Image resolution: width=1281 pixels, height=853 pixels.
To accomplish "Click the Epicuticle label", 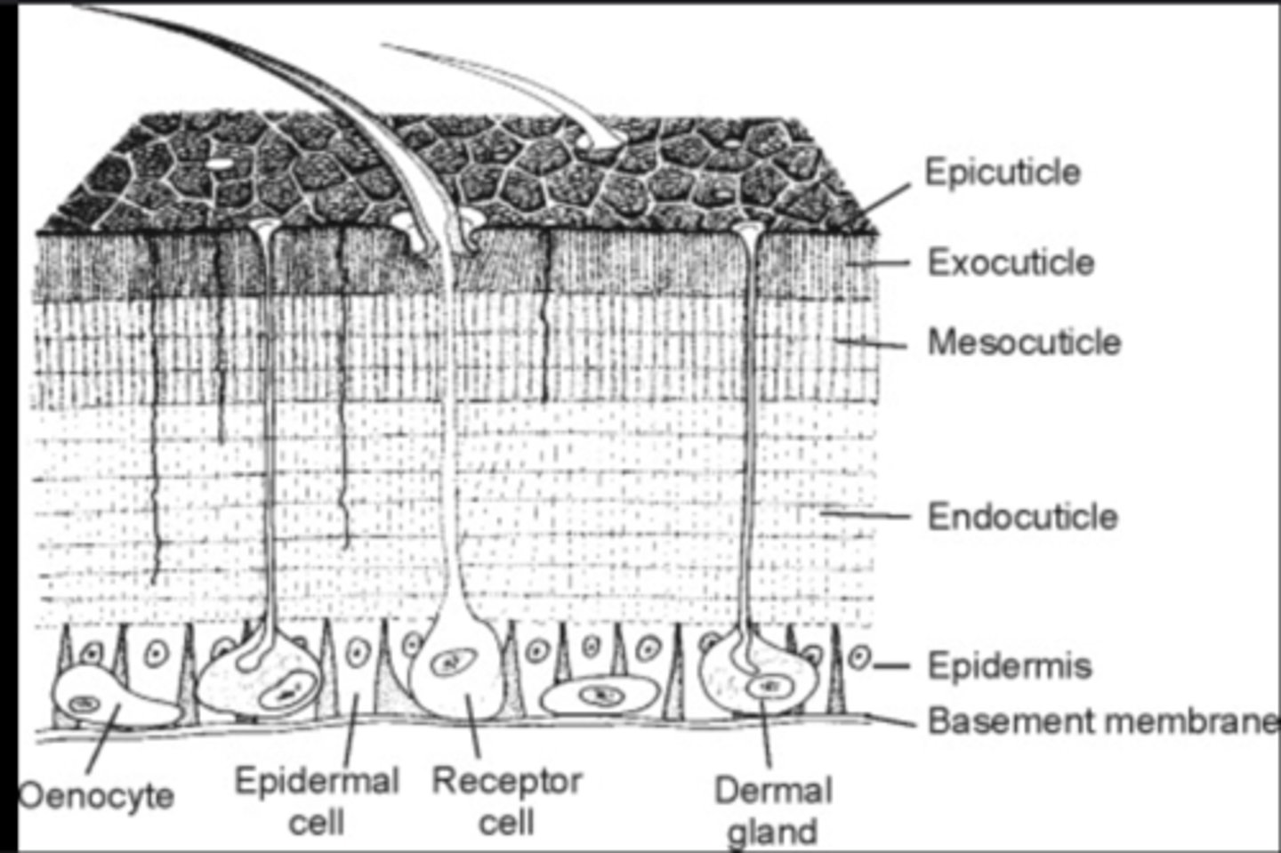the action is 1003,172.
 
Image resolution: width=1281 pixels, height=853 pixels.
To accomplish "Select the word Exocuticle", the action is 1011,262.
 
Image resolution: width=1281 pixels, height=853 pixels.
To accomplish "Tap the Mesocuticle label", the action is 1024,342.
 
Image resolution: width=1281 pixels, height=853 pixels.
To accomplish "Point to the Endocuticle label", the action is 1022,517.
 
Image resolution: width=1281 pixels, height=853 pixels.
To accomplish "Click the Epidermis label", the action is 1009,665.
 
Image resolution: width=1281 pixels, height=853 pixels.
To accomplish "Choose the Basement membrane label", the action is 1101,720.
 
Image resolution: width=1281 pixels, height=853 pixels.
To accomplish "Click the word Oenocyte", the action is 96,794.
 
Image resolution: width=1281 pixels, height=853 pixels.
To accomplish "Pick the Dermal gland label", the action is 773,810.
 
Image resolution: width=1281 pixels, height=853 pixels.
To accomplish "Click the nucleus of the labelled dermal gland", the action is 766,686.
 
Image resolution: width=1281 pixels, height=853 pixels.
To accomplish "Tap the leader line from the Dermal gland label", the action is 766,738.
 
